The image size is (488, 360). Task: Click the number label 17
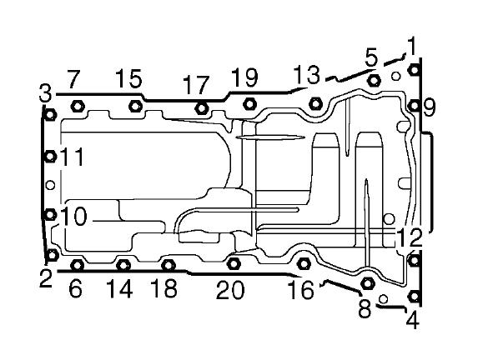pos(196,85)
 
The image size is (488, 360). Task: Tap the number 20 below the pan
pos(230,290)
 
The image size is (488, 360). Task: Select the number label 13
pos(306,74)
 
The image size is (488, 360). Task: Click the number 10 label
pos(73,217)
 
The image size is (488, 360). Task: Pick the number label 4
pos(413,320)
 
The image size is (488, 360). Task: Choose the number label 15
pos(129,78)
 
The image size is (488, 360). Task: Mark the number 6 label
pos(75,289)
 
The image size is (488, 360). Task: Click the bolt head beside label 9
pos(414,106)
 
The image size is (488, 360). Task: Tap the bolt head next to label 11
pos(50,156)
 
